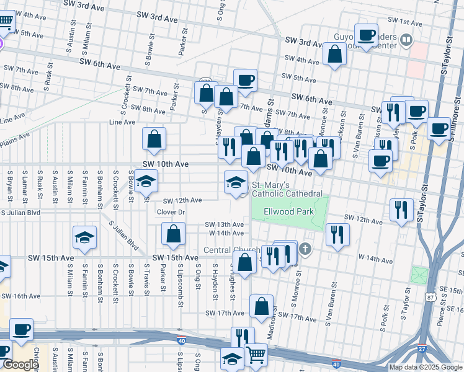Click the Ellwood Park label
pyautogui.click(x=288, y=211)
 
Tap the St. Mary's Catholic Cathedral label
pyautogui.click(x=287, y=190)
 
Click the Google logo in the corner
pyautogui.click(x=20, y=365)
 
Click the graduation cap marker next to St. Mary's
pyautogui.click(x=234, y=182)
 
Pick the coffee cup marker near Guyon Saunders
pyautogui.click(x=366, y=34)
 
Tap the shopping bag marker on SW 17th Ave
pyautogui.click(x=261, y=306)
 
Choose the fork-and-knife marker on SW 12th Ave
pyautogui.click(x=401, y=209)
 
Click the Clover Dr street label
pyautogui.click(x=171, y=212)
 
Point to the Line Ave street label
pyautogui.click(x=122, y=122)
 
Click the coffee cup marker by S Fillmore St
pyautogui.click(x=439, y=129)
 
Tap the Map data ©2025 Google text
pyautogui.click(x=425, y=367)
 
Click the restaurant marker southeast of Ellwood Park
pyautogui.click(x=337, y=234)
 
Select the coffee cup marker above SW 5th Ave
pyautogui.click(x=245, y=80)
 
